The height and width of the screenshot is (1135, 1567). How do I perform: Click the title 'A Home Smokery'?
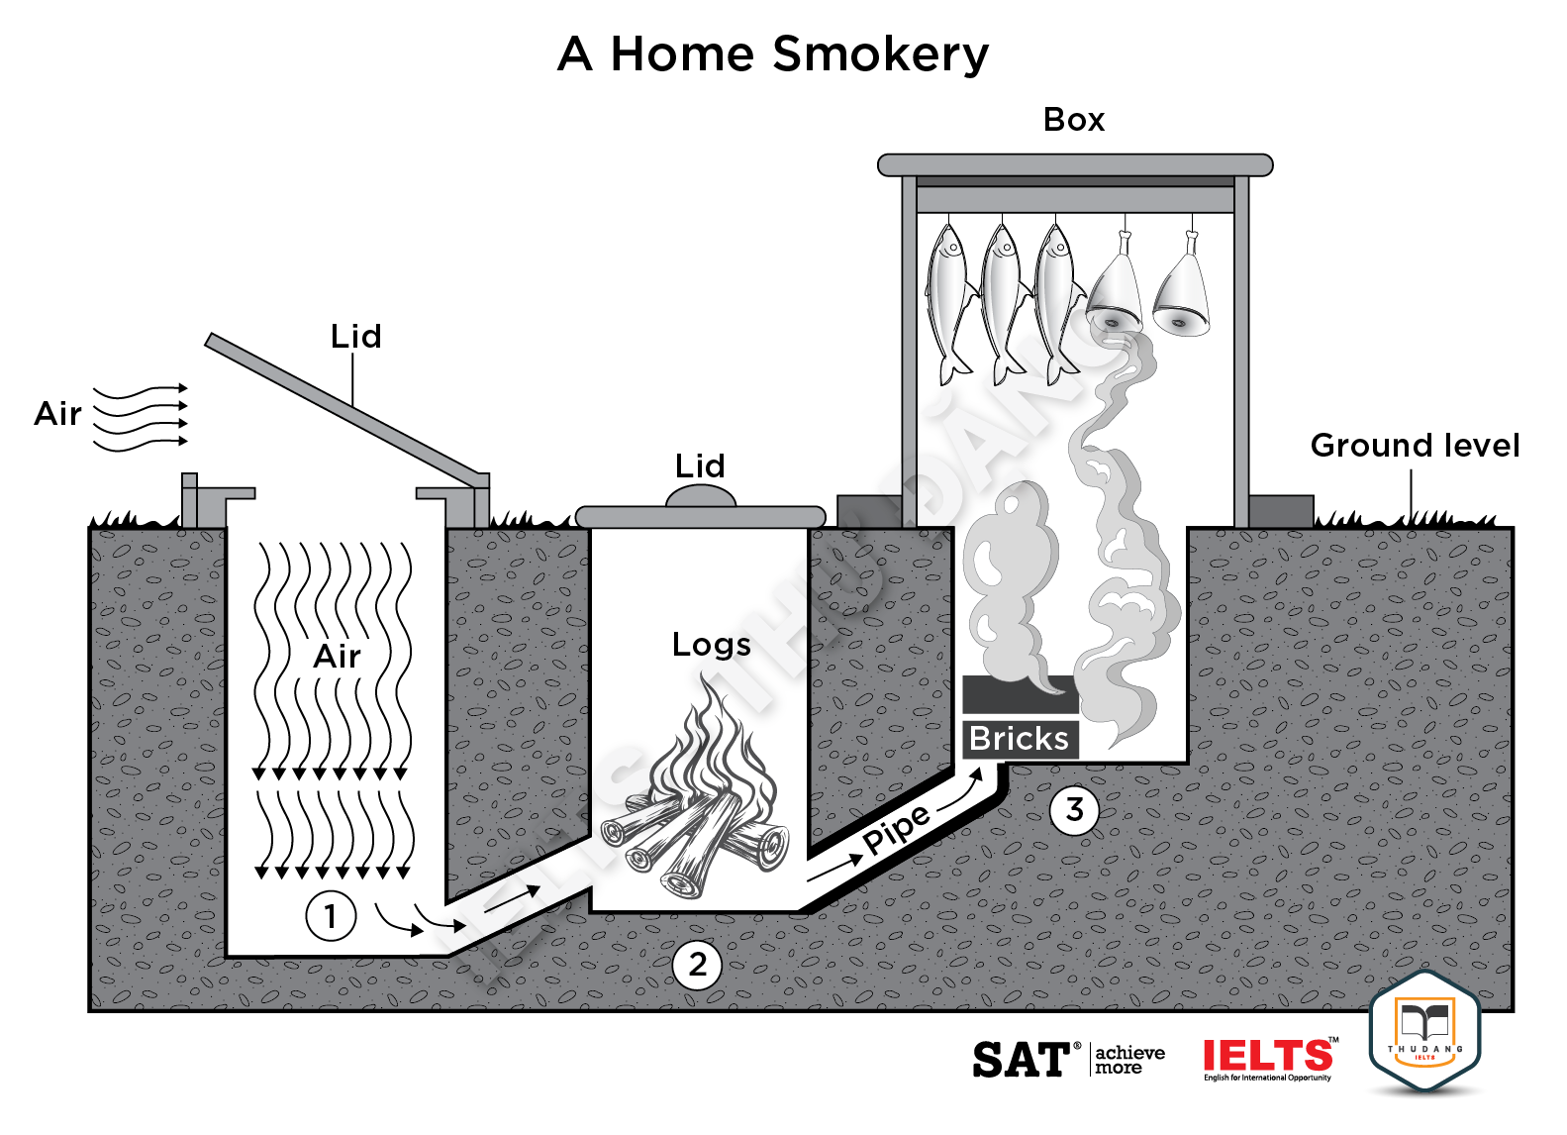pyautogui.click(x=773, y=53)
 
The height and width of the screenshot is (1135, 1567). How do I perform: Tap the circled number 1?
pyautogui.click(x=331, y=916)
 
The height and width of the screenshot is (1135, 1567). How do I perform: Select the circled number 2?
pyautogui.click(x=698, y=964)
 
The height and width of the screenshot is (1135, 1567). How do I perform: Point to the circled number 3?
pyautogui.click(x=1074, y=810)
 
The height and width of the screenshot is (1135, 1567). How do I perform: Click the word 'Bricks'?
pyautogui.click(x=1019, y=739)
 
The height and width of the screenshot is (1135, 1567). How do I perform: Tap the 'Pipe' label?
pyautogui.click(x=896, y=829)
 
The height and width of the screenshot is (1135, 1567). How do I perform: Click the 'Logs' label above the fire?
pyautogui.click(x=711, y=645)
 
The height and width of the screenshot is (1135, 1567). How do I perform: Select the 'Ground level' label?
pyautogui.click(x=1415, y=446)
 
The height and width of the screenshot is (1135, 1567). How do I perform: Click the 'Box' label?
pyautogui.click(x=1074, y=120)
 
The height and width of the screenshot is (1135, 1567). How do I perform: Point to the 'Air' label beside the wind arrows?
pyautogui.click(x=57, y=414)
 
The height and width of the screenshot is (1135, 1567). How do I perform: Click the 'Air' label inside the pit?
pyautogui.click(x=337, y=656)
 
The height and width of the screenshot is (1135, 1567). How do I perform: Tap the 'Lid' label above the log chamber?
pyautogui.click(x=700, y=465)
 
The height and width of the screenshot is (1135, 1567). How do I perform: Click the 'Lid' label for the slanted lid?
pyautogui.click(x=355, y=337)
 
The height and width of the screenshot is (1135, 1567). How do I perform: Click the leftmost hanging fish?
pyautogui.click(x=948, y=297)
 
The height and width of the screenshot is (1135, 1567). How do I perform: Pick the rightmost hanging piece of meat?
pyautogui.click(x=1183, y=292)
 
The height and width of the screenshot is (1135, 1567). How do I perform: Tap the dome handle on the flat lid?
pyautogui.click(x=701, y=495)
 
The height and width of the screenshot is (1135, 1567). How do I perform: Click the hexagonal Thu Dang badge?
pyautogui.click(x=1424, y=1032)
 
